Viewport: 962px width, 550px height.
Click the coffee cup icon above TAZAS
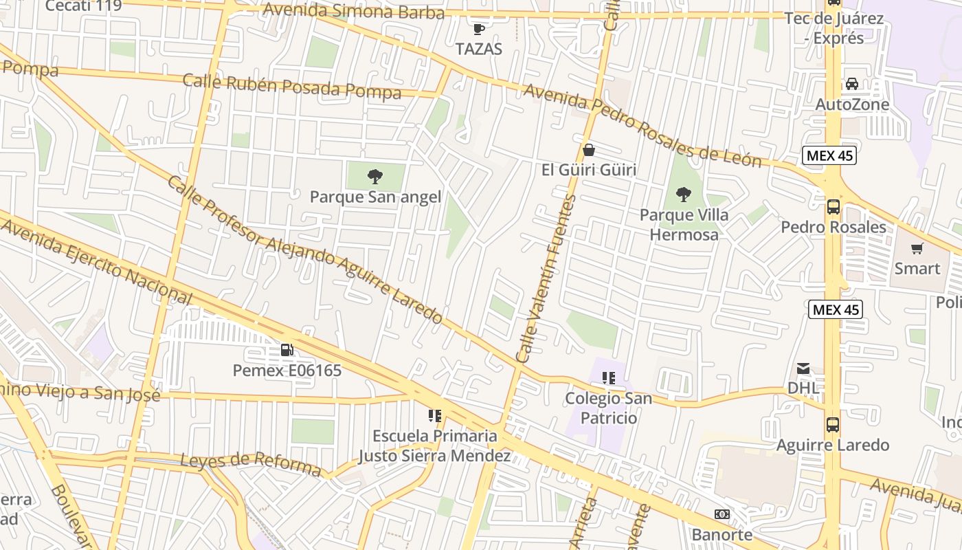(479, 29)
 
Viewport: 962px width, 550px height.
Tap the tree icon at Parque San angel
(374, 177)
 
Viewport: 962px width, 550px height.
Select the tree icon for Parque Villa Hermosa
(683, 195)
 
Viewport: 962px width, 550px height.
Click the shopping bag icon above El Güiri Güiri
(589, 150)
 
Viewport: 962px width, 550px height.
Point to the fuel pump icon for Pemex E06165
(287, 350)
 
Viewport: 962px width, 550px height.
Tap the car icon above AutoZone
(852, 84)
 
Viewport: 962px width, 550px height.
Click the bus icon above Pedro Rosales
(833, 206)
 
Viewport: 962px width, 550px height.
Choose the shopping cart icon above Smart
(917, 248)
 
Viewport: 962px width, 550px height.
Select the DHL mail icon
(803, 368)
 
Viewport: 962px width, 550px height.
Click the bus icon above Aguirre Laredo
(833, 424)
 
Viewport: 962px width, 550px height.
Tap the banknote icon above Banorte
(721, 514)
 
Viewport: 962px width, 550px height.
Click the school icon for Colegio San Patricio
(607, 377)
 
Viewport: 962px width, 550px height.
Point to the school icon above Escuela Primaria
(434, 415)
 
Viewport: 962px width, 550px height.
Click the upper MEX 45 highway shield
(830, 155)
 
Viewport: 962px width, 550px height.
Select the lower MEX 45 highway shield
(835, 310)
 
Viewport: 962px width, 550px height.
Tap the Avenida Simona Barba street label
(353, 11)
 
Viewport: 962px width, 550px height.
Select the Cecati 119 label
(83, 6)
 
